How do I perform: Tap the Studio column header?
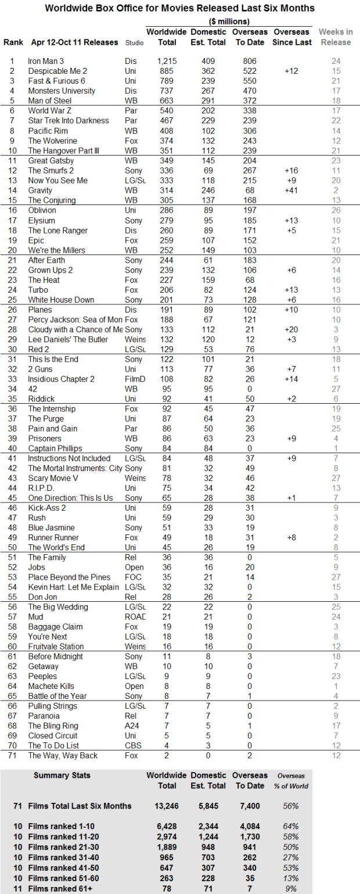point(138,42)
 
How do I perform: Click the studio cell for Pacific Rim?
point(131,131)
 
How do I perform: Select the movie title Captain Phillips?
point(56,448)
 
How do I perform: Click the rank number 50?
point(12,548)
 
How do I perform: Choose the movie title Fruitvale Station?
point(56,647)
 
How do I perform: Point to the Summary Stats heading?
point(62,775)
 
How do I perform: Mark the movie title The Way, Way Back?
point(63,756)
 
